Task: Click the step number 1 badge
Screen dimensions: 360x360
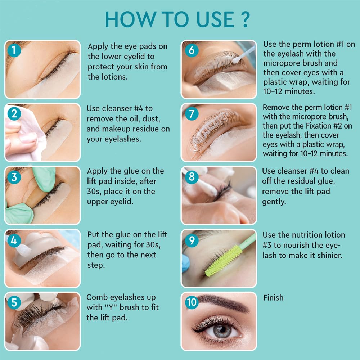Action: [14, 50]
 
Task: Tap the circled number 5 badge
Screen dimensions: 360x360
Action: [14, 302]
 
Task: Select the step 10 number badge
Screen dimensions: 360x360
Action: [192, 302]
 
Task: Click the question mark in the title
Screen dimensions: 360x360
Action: [245, 19]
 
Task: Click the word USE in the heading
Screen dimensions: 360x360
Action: [215, 19]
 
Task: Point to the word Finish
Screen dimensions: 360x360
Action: [273, 298]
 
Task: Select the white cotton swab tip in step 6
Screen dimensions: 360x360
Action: [236, 60]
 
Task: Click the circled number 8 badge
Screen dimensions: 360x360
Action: [192, 177]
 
